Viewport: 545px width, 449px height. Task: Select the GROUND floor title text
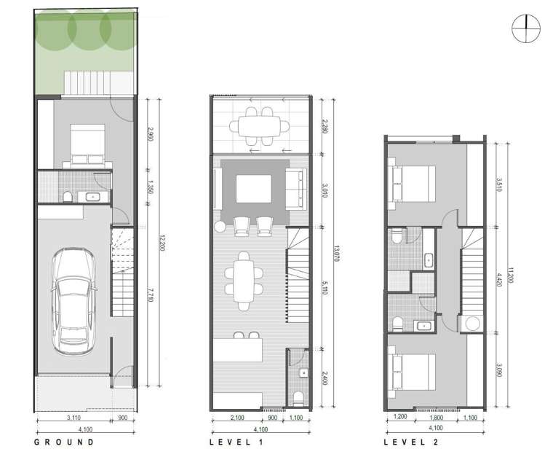coord(64,442)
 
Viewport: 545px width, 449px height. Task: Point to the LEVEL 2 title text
coord(414,442)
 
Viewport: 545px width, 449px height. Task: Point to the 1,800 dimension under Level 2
coord(434,418)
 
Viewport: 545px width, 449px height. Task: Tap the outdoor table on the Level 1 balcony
coord(255,126)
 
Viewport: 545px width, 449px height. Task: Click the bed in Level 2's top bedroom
coord(413,182)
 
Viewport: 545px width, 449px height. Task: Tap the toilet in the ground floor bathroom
coord(67,197)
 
